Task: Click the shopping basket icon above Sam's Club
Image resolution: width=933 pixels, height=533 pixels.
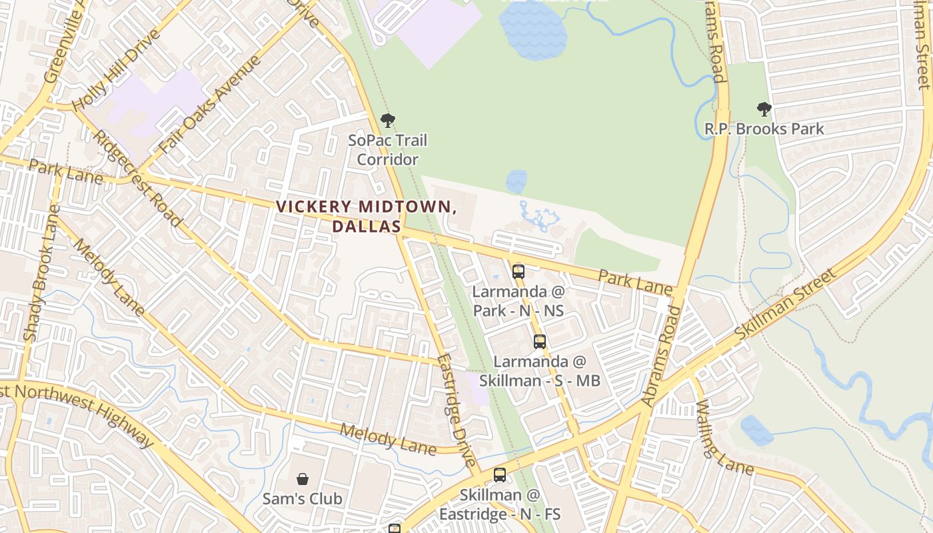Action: coord(303,479)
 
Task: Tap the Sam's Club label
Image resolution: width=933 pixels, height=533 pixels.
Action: coord(303,498)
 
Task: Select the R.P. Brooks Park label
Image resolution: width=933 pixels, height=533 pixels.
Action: coord(764,129)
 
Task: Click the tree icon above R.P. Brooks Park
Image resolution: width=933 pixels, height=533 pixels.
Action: coord(764,109)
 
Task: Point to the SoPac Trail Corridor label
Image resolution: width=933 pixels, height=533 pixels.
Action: coord(387,150)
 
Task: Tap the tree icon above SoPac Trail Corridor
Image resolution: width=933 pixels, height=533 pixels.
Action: coord(387,121)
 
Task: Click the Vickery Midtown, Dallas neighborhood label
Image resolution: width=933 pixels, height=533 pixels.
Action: coord(367,216)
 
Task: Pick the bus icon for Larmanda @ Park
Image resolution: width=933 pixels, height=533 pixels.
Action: coord(518,272)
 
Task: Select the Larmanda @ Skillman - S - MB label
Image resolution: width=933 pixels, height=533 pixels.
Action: coord(540,371)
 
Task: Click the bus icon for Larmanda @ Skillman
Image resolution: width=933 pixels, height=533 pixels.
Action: coord(540,342)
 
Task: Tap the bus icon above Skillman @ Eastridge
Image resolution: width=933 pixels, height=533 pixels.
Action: coord(500,475)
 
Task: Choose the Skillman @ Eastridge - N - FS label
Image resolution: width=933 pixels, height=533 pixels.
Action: coord(500,504)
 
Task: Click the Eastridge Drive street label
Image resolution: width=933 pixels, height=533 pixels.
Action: coord(457,410)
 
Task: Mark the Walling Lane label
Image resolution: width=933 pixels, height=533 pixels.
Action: coord(724,438)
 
